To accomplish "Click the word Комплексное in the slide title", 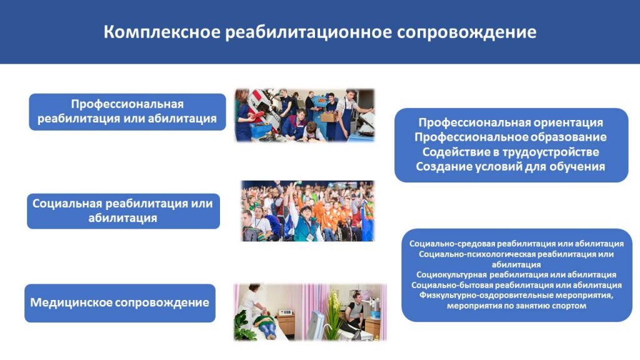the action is tap(162, 32).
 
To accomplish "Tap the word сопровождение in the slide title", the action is tap(466, 32).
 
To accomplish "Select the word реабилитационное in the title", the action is tap(309, 32).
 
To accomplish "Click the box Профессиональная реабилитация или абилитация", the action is tap(127, 112).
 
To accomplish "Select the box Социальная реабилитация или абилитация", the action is tap(123, 211).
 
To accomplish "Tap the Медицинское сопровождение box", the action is tap(120, 303).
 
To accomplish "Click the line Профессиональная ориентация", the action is tap(511, 122).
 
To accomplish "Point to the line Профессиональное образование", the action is tap(511, 137).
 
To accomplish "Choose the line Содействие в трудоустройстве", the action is tap(511, 152).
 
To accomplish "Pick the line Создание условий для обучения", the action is tap(511, 166).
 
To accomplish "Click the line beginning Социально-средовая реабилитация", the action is tap(516, 244).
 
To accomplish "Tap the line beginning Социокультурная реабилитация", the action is tap(516, 275).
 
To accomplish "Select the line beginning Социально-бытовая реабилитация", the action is tap(516, 285).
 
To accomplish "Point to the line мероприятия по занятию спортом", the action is tap(516, 306).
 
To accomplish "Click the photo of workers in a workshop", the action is tap(304, 116).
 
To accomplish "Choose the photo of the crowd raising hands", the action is tap(307, 211).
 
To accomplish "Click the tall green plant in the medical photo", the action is tap(334, 314).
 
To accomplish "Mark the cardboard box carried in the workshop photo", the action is tap(329, 117).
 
